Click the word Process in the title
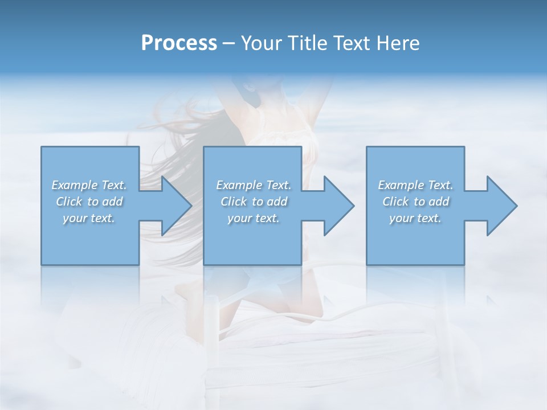pyautogui.click(x=179, y=43)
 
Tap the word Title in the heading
pyautogui.click(x=305, y=43)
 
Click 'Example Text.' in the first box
pyautogui.click(x=89, y=185)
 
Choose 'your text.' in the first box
pyautogui.click(x=89, y=218)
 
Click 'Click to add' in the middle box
pyautogui.click(x=254, y=202)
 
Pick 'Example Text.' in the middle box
pyautogui.click(x=254, y=185)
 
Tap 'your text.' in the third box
pyautogui.click(x=415, y=218)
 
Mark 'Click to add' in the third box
pyautogui.click(x=415, y=202)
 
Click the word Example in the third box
pyautogui.click(x=401, y=185)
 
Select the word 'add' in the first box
pyautogui.click(x=112, y=202)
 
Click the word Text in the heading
pyautogui.click(x=350, y=43)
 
